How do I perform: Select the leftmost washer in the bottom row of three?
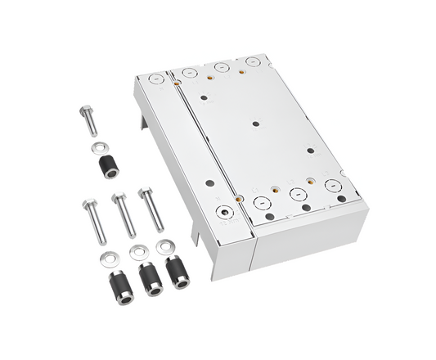tap(107, 259)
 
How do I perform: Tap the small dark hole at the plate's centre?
tap(257, 124)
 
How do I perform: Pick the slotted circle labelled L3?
tap(333, 185)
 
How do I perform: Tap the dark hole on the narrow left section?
tap(210, 184)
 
